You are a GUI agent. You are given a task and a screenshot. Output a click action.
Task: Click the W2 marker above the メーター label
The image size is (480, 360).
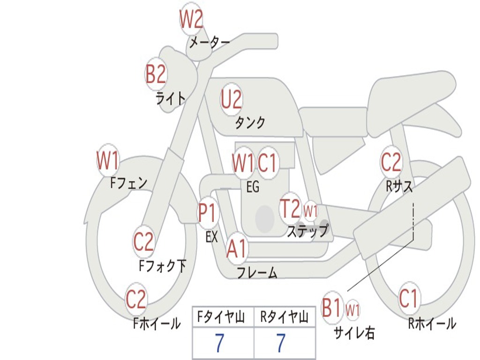click(x=191, y=20)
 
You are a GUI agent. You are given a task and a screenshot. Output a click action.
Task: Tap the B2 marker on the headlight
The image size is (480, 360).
click(x=156, y=74)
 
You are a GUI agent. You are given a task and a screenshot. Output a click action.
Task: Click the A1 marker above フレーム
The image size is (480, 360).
click(x=236, y=249)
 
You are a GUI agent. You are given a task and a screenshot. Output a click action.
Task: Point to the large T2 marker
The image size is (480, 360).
click(x=290, y=209)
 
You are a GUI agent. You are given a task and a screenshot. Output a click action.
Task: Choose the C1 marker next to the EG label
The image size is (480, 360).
click(x=268, y=163)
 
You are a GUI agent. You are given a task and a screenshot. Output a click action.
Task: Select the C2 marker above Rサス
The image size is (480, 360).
click(x=391, y=162)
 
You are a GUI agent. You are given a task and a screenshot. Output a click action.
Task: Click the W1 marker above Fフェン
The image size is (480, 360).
click(x=108, y=161)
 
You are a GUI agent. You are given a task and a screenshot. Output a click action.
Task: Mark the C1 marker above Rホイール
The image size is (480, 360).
click(x=408, y=299)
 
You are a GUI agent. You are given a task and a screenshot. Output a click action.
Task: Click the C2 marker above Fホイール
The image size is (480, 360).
click(x=136, y=300)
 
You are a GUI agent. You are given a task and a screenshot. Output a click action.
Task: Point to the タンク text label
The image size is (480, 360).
click(x=250, y=123)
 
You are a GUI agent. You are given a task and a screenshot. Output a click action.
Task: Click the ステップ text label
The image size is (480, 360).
click(x=307, y=231)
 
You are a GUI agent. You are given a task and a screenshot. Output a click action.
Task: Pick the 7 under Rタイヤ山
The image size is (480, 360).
click(x=281, y=344)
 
